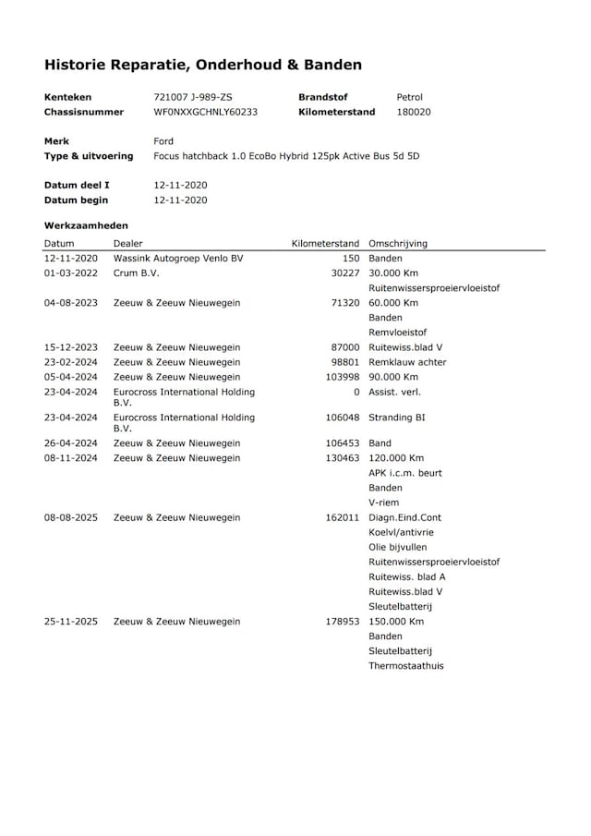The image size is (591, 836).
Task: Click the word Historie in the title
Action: [x=78, y=65]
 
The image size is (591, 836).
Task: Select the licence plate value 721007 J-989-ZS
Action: [x=193, y=97]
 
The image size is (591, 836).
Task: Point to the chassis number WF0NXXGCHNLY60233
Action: [x=205, y=112]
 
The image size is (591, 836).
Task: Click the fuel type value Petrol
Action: [x=410, y=97]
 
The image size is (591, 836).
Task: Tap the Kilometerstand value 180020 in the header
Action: [x=413, y=112]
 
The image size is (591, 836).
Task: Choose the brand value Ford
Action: [x=163, y=141]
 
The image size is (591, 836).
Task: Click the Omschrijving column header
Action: [x=397, y=244]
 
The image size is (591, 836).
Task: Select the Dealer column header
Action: [x=128, y=244]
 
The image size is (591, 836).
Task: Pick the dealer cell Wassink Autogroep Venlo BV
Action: [x=178, y=259]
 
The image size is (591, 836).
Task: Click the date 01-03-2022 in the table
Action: [x=71, y=273]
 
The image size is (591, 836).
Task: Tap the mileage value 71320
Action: [x=344, y=303]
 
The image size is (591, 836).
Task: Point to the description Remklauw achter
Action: [x=407, y=362]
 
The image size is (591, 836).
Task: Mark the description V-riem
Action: [x=383, y=503]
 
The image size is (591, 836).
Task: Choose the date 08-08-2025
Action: [x=71, y=517]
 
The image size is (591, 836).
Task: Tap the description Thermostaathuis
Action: [x=405, y=665]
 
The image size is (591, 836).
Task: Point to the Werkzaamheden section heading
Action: [x=86, y=224]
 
